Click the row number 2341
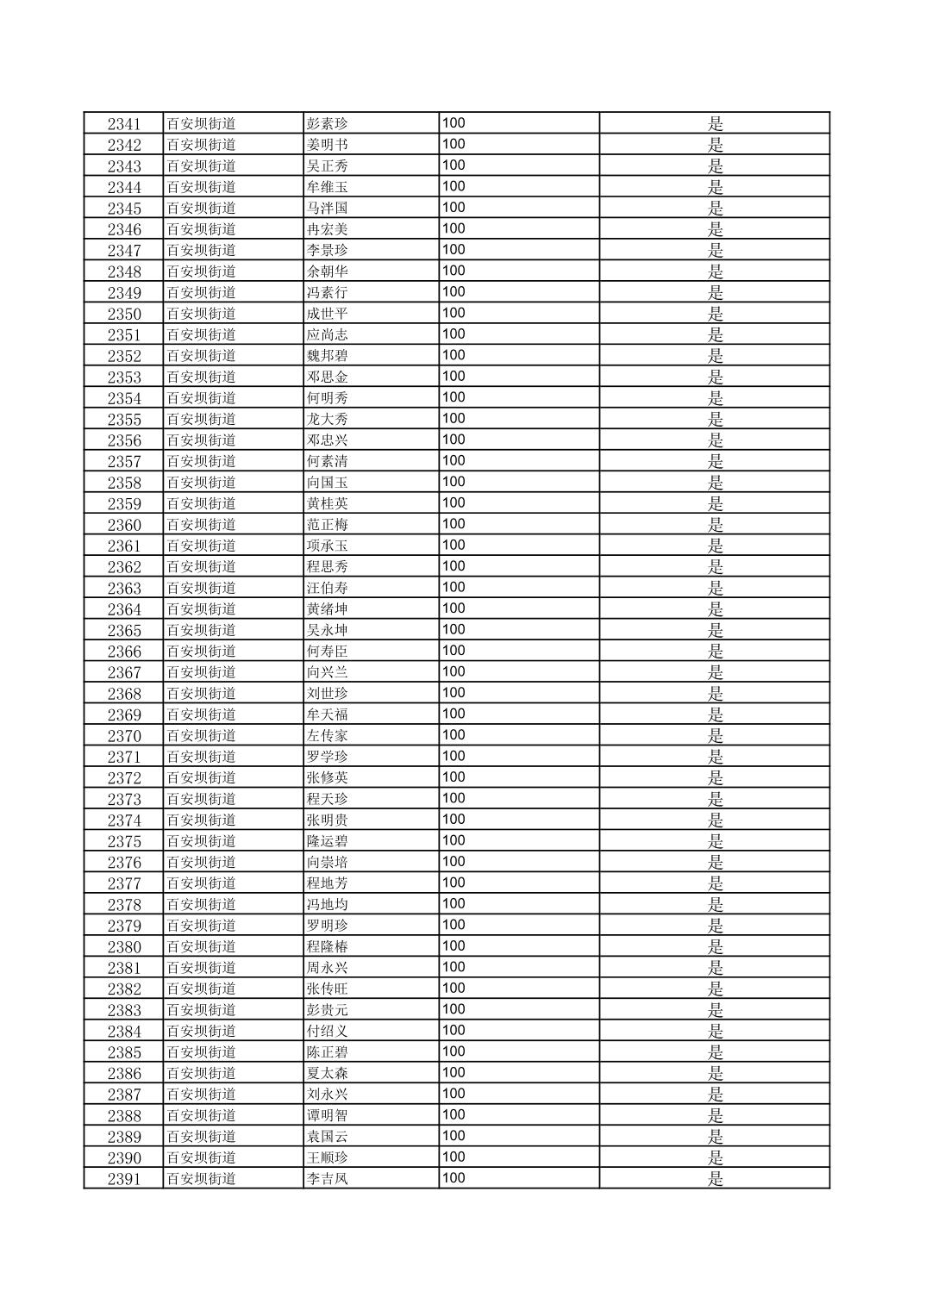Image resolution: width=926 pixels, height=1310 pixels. (123, 124)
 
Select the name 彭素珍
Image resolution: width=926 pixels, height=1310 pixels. (328, 123)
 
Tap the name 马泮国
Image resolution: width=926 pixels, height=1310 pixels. (328, 208)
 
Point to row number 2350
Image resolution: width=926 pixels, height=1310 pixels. (123, 314)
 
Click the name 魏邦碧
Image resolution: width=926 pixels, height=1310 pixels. (328, 356)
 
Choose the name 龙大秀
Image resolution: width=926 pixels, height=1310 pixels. (328, 419)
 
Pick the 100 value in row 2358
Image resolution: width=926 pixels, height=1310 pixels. (454, 482)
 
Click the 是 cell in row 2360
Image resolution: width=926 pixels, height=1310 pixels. (715, 525)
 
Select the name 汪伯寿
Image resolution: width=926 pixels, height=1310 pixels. (328, 588)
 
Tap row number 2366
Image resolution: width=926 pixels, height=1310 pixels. (123, 652)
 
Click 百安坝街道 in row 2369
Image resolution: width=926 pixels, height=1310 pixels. (201, 714)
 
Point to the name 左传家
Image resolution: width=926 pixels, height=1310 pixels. (328, 735)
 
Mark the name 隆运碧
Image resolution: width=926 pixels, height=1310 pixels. (328, 841)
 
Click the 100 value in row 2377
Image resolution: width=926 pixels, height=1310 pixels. (454, 883)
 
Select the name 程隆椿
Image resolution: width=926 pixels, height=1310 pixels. (328, 946)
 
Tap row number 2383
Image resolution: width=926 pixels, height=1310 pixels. (123, 1010)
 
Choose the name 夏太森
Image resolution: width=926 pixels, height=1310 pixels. (328, 1073)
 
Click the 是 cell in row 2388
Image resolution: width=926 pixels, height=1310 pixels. (715, 1115)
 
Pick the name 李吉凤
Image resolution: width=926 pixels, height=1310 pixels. (328, 1178)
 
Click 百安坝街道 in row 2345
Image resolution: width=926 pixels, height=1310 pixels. (201, 208)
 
